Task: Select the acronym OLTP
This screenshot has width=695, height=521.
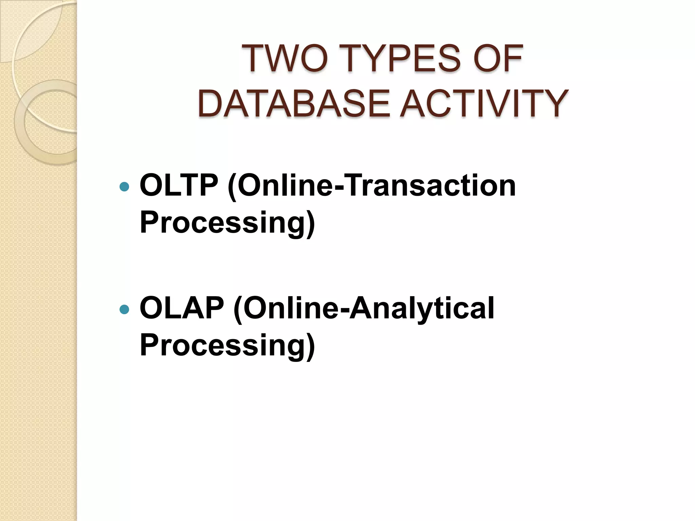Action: pyautogui.click(x=179, y=186)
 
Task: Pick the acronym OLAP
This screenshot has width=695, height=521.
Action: pyautogui.click(x=181, y=308)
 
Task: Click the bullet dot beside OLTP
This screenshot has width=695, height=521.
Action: pyautogui.click(x=125, y=187)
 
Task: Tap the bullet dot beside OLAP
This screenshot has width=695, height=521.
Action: pyautogui.click(x=125, y=309)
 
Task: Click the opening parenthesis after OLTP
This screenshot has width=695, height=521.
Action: pyautogui.click(x=232, y=186)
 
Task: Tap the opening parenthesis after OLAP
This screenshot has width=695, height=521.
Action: pyautogui.click(x=238, y=309)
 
